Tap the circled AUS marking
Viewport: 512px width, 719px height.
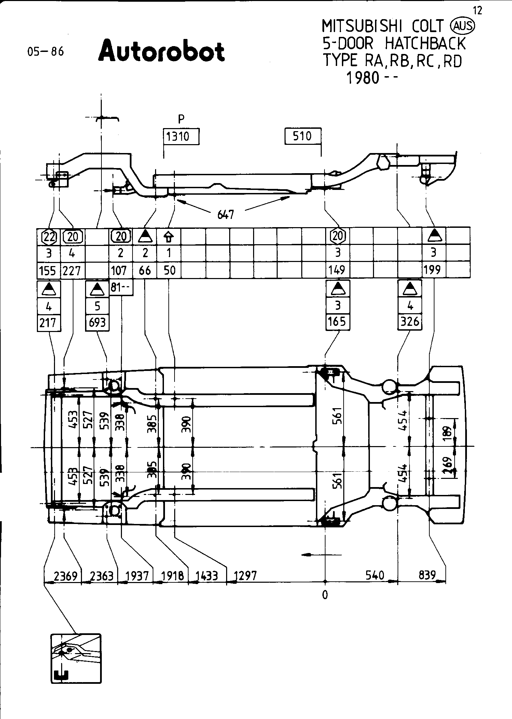click(x=463, y=26)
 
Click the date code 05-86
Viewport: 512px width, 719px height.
click(x=46, y=52)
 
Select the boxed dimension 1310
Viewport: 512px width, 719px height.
click(x=181, y=137)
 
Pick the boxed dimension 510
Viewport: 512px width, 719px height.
click(x=303, y=136)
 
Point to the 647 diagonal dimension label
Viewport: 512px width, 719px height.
click(x=225, y=215)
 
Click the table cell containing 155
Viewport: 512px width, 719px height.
click(x=48, y=271)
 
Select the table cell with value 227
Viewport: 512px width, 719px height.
click(x=72, y=271)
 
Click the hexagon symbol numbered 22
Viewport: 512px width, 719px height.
click(x=49, y=236)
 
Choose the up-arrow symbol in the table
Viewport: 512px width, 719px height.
click(x=169, y=236)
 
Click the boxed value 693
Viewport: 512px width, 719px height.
click(x=97, y=322)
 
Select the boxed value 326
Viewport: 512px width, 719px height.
click(x=410, y=321)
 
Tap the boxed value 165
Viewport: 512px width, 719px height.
click(x=337, y=321)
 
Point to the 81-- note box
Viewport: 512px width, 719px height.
click(x=121, y=288)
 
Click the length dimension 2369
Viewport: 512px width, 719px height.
click(x=66, y=576)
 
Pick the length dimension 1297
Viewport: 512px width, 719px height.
click(x=245, y=576)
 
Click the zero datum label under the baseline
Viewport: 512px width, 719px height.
click(x=325, y=595)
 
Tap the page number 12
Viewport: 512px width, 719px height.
click(x=478, y=11)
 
